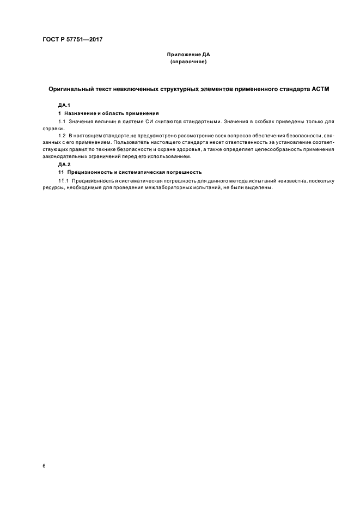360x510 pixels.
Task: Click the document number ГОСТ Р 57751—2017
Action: click(x=72, y=40)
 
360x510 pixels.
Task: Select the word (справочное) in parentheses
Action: click(x=188, y=62)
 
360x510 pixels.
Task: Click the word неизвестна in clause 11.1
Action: click(x=294, y=180)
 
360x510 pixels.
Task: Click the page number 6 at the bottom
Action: click(x=44, y=466)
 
